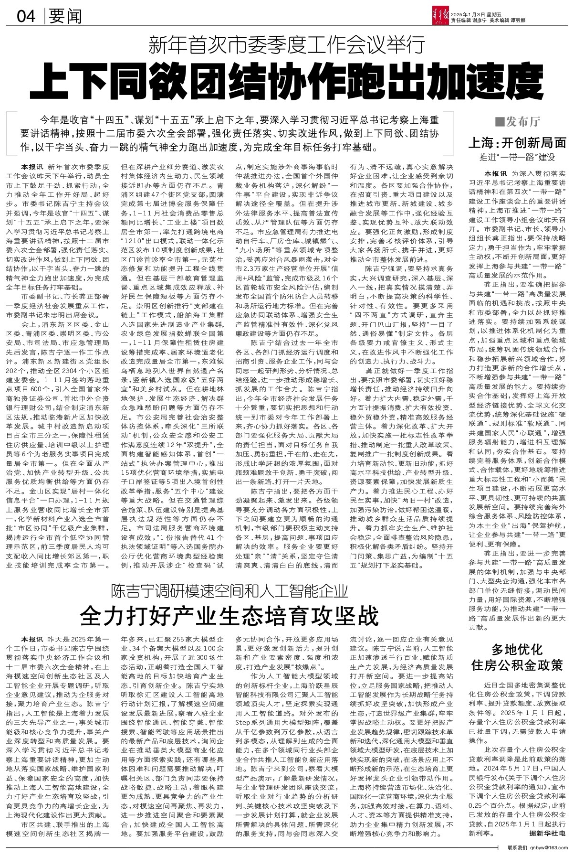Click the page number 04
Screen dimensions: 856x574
point(26,17)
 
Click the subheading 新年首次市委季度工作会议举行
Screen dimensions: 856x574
point(286,46)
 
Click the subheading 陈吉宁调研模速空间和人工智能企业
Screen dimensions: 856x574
point(229,591)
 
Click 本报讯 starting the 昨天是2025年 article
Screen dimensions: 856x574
point(31,639)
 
